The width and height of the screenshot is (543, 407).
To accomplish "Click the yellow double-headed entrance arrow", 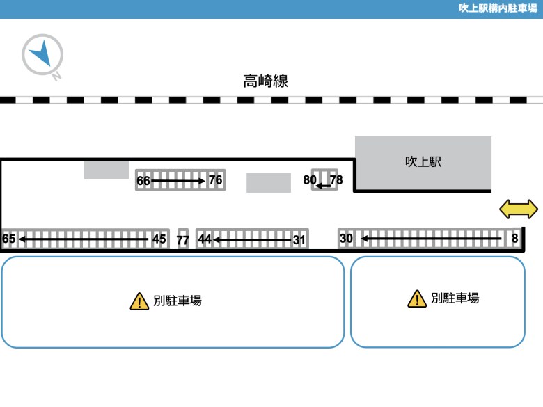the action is (x=519, y=209).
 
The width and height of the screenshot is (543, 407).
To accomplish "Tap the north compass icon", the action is (x=42, y=55).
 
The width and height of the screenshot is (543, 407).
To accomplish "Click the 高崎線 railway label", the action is (x=266, y=81).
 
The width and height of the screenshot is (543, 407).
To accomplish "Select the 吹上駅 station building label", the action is (x=423, y=161).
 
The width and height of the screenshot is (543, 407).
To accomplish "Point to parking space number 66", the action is (x=143, y=181).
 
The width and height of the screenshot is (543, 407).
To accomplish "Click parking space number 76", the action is (x=215, y=180).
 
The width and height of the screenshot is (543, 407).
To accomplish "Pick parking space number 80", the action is (x=310, y=180).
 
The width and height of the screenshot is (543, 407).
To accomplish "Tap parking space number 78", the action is (x=336, y=180).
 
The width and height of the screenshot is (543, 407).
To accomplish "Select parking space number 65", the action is (x=8, y=239).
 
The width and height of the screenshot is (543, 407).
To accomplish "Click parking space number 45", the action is (x=159, y=239).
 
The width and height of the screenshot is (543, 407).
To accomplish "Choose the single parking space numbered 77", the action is (x=183, y=240).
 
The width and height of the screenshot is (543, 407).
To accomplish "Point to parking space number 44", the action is (x=205, y=239).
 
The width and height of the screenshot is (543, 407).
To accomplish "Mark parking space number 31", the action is (x=299, y=240).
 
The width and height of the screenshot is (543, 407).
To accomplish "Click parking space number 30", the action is (x=346, y=239).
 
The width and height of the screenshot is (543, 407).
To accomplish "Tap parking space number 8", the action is (x=515, y=238).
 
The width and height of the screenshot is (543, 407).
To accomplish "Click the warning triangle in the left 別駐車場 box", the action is (x=139, y=301).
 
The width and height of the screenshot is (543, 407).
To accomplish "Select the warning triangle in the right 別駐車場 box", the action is (x=417, y=299).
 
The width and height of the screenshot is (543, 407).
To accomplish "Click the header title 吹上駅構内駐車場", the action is (x=498, y=8).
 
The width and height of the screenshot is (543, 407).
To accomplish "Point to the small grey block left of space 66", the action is (x=107, y=170).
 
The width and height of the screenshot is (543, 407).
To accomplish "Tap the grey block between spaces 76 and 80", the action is (x=269, y=183).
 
